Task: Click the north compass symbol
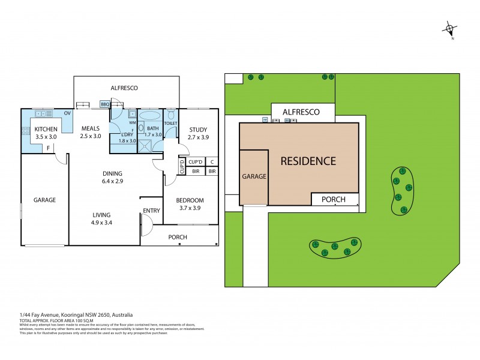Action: coord(450,28)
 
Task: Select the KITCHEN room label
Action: coord(46,129)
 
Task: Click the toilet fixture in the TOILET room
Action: coord(170,114)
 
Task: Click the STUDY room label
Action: coord(198,129)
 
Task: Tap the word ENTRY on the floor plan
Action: coord(151,210)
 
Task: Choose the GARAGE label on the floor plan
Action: coord(44,200)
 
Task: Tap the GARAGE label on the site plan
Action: coord(254,177)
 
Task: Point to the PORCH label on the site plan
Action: coord(334,199)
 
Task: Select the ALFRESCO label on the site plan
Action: coord(301,112)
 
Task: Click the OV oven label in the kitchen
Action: coord(67,113)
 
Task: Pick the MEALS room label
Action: coord(90,128)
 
